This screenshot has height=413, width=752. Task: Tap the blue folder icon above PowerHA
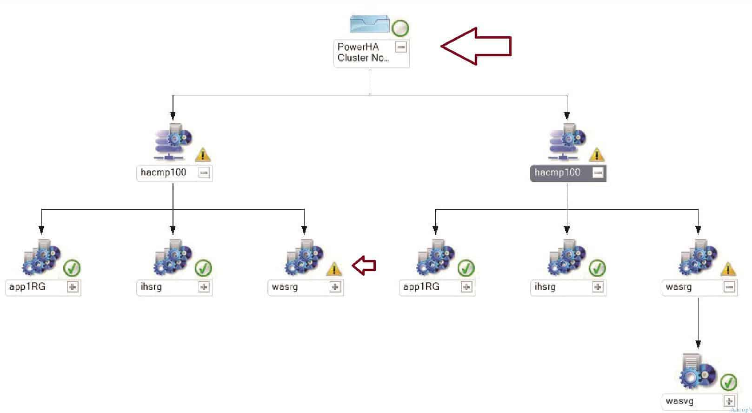369,24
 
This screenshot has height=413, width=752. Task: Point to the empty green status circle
400,28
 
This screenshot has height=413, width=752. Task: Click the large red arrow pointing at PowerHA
476,46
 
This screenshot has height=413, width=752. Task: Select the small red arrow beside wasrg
364,266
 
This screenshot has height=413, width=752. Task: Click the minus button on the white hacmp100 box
204,173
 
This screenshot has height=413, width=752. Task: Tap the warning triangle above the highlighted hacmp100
597,155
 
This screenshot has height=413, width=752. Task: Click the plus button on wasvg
729,401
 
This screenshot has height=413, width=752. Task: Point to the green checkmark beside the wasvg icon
728,382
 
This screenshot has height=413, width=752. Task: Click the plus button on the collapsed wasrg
335,287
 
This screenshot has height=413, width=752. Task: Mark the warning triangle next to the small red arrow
334,269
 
